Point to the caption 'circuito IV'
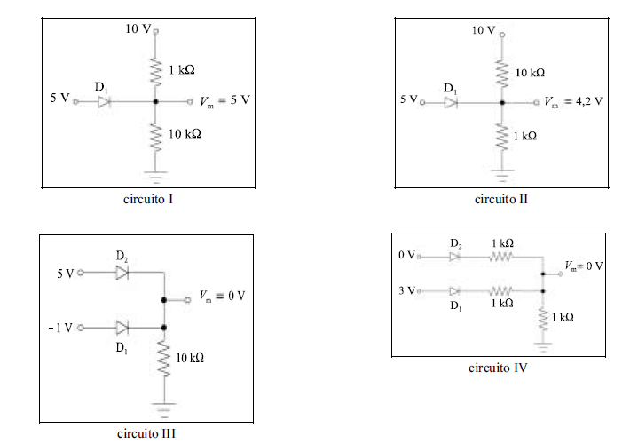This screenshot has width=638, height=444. click(x=499, y=367)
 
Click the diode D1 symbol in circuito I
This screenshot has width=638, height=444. click(x=104, y=101)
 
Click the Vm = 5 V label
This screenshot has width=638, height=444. click(x=224, y=100)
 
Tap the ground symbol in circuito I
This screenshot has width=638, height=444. click(x=157, y=175)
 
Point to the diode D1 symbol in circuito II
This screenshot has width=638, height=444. click(x=453, y=103)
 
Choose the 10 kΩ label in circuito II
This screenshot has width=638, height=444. click(x=531, y=71)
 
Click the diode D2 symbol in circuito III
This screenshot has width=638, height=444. click(x=122, y=273)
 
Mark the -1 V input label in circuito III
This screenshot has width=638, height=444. click(x=60, y=328)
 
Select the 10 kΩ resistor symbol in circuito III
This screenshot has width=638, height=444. click(x=164, y=360)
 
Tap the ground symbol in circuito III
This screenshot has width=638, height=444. click(x=164, y=409)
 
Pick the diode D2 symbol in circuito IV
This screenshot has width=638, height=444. click(x=455, y=257)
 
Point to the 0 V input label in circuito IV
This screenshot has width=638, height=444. click(x=406, y=257)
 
